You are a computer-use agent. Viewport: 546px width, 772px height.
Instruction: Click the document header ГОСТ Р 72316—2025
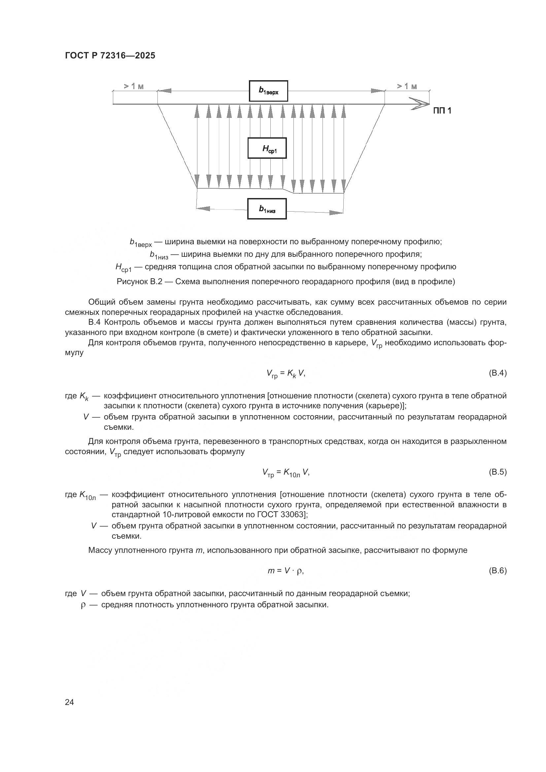pyautogui.click(x=110, y=55)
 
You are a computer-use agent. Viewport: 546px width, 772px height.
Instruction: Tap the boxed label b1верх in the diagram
pyautogui.click(x=268, y=91)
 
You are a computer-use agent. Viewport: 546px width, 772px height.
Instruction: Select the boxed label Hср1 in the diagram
pyautogui.click(x=267, y=148)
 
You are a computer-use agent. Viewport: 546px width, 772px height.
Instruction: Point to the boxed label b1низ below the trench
pyautogui.click(x=267, y=209)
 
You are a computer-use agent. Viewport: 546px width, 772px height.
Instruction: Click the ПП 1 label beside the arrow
pyautogui.click(x=442, y=111)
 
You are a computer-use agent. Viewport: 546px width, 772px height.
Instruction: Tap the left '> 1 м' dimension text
pyautogui.click(x=133, y=86)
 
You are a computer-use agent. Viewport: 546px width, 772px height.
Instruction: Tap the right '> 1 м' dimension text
pyautogui.click(x=407, y=86)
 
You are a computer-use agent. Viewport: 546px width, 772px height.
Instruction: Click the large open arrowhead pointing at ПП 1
pyautogui.click(x=420, y=104)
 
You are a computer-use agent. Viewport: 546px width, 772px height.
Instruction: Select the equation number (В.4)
pyautogui.click(x=497, y=373)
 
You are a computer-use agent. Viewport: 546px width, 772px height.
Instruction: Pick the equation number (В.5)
pyautogui.click(x=497, y=472)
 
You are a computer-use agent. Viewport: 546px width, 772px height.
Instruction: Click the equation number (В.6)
pyautogui.click(x=497, y=571)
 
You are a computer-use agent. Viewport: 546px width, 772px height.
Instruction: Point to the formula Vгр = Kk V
pyautogui.click(x=286, y=373)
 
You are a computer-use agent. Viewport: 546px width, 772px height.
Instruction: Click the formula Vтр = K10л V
pyautogui.click(x=286, y=472)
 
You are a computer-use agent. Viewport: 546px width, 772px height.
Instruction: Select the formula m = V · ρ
pyautogui.click(x=286, y=571)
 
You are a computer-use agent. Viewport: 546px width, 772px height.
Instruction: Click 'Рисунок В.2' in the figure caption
pyautogui.click(x=139, y=282)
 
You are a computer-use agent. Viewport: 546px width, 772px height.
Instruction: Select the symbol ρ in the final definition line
pyautogui.click(x=84, y=605)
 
